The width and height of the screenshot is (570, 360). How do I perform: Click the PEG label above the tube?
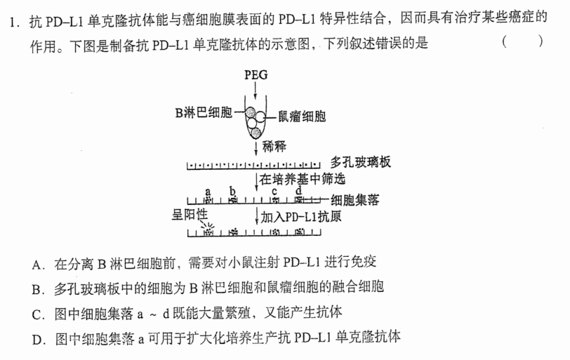256,75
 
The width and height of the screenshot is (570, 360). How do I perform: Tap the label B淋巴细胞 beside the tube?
204,112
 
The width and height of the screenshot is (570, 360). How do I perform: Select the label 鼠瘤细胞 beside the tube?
302,116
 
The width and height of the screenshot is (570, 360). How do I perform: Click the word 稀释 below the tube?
274,147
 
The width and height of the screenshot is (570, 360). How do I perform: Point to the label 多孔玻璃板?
360,161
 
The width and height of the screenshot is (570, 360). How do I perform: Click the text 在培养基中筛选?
302,179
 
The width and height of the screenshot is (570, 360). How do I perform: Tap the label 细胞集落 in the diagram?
354,200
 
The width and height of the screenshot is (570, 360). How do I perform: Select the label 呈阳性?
190,214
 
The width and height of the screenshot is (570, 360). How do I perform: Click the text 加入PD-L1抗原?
301,217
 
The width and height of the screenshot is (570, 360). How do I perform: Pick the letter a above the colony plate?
208,192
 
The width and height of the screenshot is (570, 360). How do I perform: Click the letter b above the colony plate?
232,190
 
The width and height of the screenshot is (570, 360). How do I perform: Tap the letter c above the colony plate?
274,192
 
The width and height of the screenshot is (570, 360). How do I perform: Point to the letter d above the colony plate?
298,190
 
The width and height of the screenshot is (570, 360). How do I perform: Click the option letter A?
37,265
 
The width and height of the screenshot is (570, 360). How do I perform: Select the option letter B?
37,290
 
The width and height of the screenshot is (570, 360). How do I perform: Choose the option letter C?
37,314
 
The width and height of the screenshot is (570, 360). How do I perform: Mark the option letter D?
37,340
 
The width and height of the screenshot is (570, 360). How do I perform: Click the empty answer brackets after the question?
523,41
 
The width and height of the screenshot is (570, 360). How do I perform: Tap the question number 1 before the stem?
13,22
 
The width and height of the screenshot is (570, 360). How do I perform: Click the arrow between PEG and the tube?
256,90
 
